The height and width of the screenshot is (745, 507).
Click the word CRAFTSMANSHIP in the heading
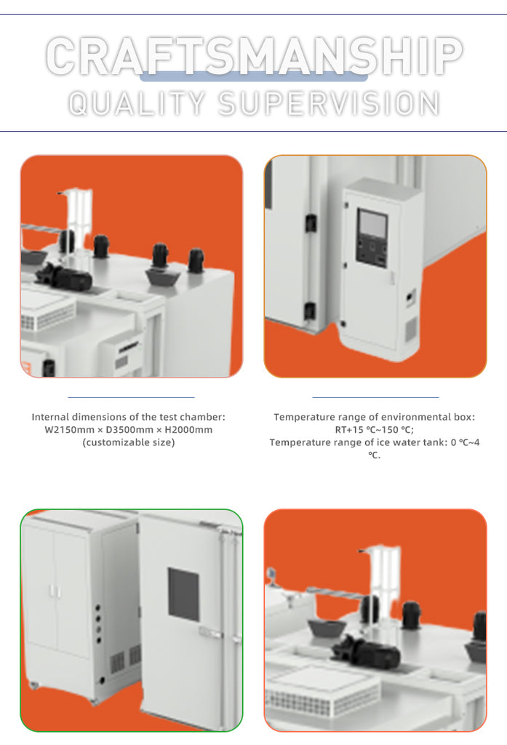[x=254, y=56]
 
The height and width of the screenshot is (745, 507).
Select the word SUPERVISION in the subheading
[x=329, y=103]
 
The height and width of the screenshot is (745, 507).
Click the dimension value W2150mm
[x=69, y=430]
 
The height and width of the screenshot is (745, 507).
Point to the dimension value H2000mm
[x=188, y=430]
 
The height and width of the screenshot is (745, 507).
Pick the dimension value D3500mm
[x=129, y=430]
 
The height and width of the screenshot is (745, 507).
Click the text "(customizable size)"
[x=129, y=443]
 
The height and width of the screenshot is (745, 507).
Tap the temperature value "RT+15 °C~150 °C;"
[x=375, y=430]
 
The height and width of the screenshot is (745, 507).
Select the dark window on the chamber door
[x=183, y=594]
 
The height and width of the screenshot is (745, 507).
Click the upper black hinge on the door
[x=311, y=223]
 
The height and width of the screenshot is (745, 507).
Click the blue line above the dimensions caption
[x=131, y=397]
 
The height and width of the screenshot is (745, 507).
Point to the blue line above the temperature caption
[x=375, y=397]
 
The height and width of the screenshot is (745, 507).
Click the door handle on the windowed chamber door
[x=211, y=632]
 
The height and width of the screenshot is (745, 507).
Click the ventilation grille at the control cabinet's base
[x=410, y=329]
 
